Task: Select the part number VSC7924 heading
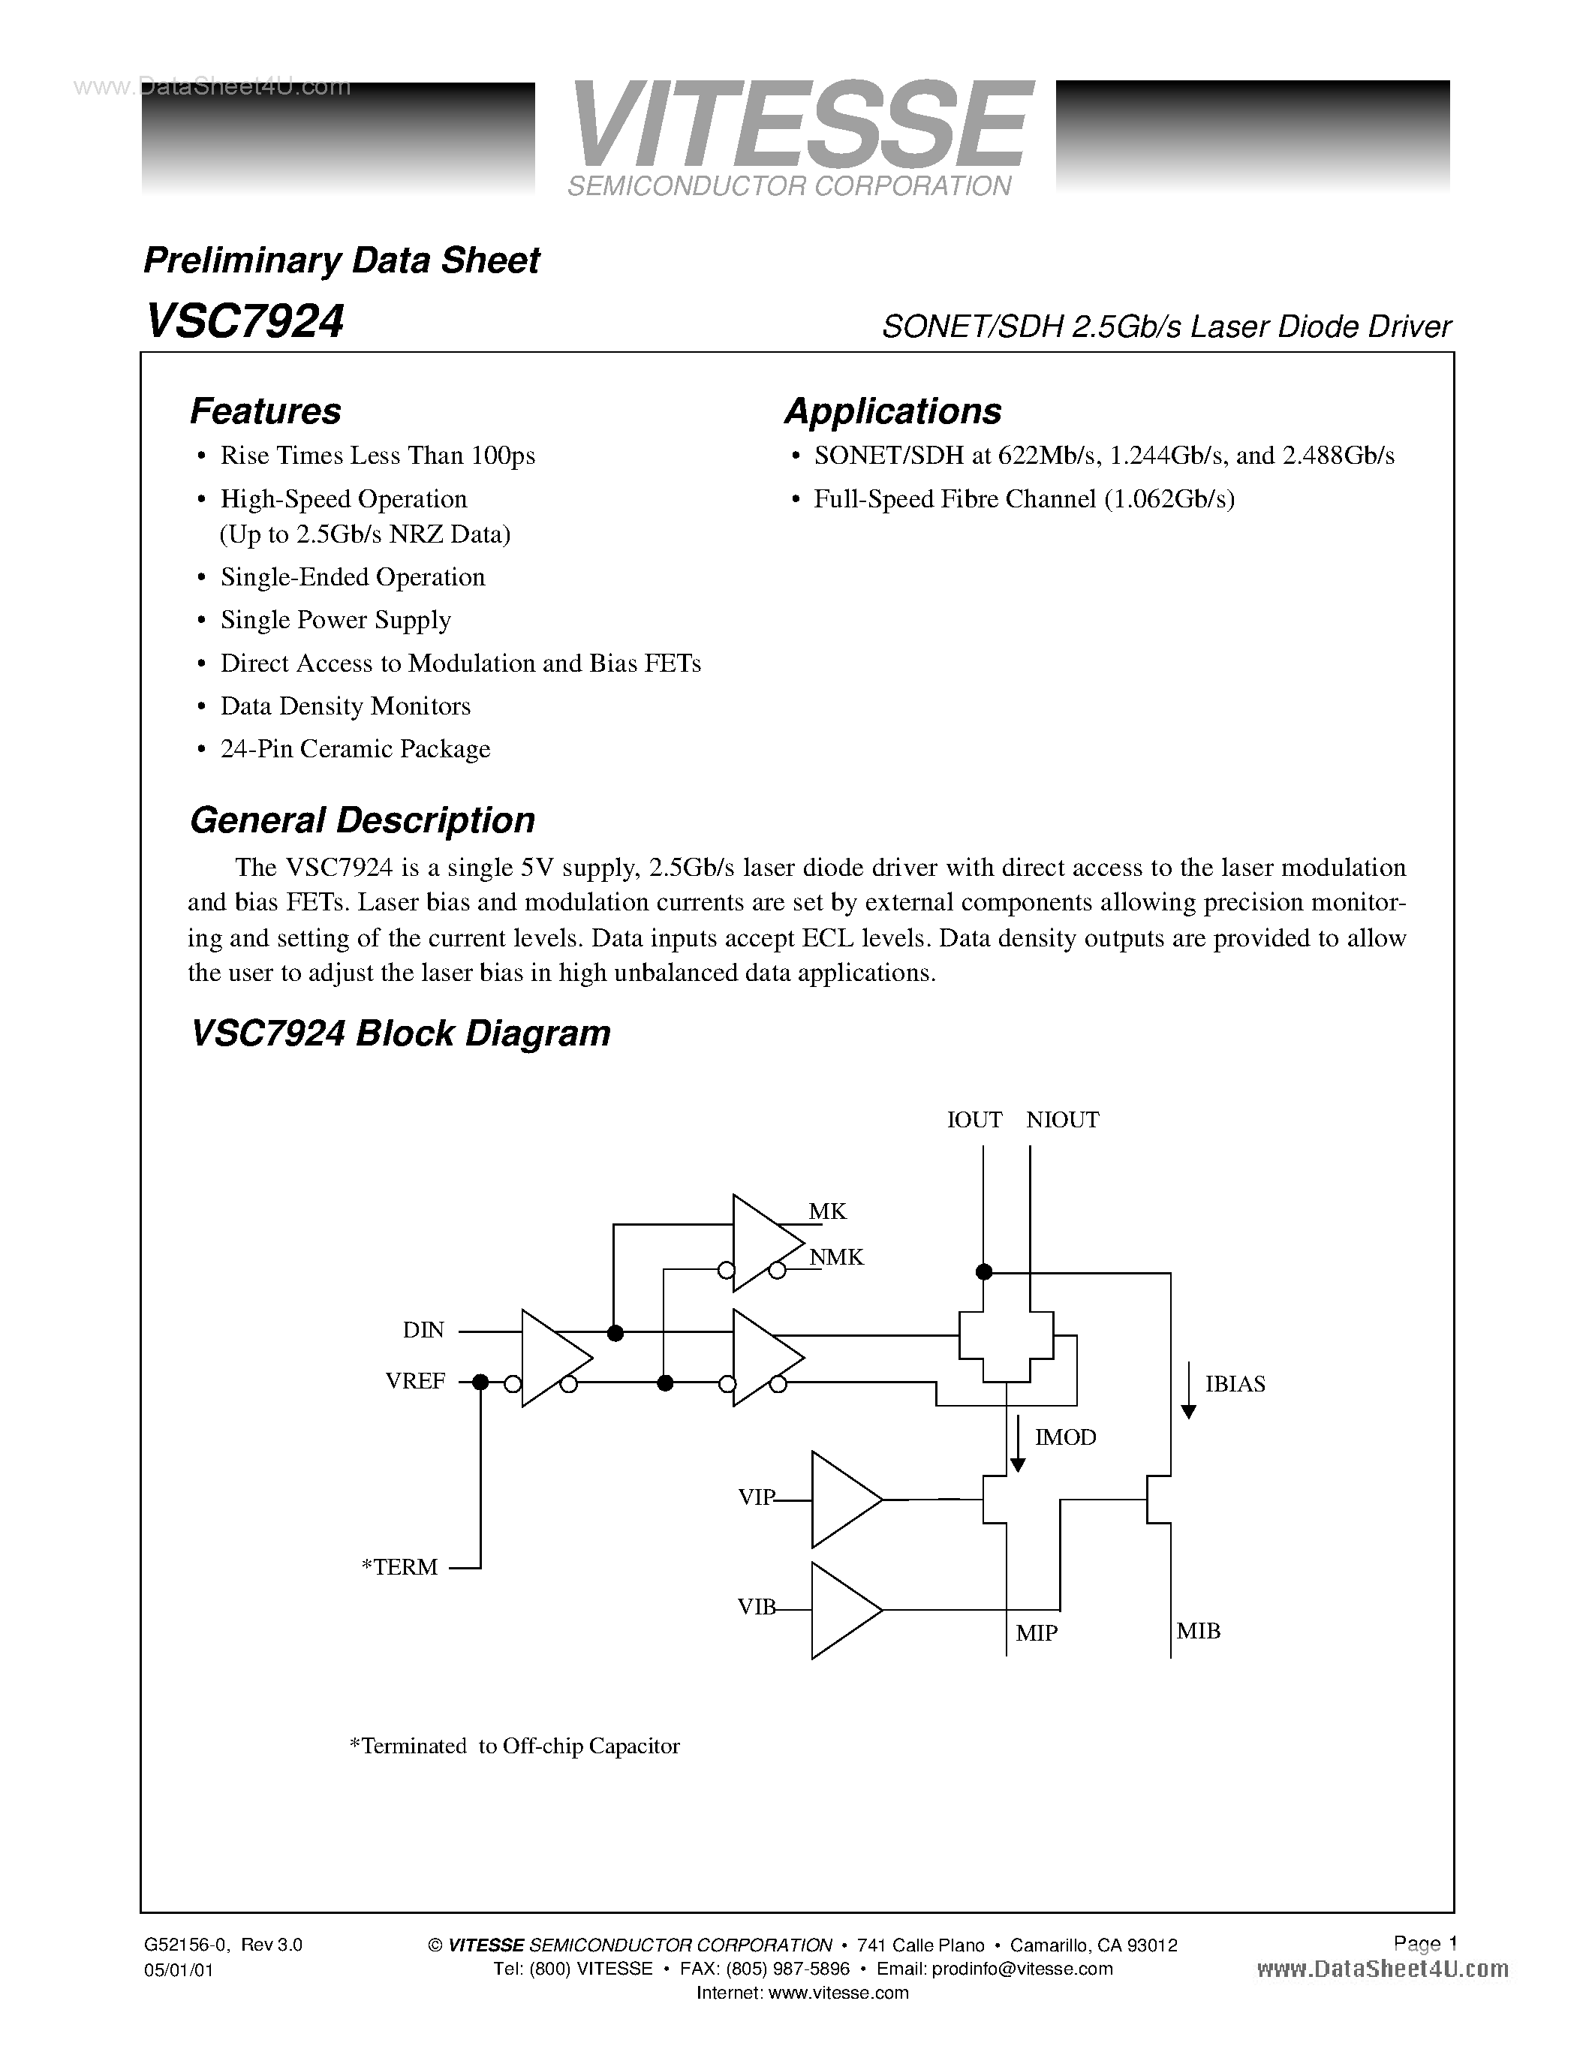[x=245, y=321]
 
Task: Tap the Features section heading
[x=266, y=411]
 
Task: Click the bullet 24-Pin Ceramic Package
[x=355, y=748]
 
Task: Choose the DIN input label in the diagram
[x=423, y=1330]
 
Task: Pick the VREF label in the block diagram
[x=415, y=1381]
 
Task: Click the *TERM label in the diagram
[x=401, y=1567]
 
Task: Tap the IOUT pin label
[x=974, y=1120]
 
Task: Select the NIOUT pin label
[x=1063, y=1120]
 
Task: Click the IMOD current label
[x=1066, y=1437]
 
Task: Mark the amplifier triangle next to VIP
[x=843, y=1499]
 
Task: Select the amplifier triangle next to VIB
[x=843, y=1609]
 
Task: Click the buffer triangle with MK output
[x=763, y=1243]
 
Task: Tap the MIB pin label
[x=1198, y=1631]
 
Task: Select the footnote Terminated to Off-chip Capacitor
[x=515, y=1746]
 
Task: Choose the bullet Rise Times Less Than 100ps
[x=377, y=456]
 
